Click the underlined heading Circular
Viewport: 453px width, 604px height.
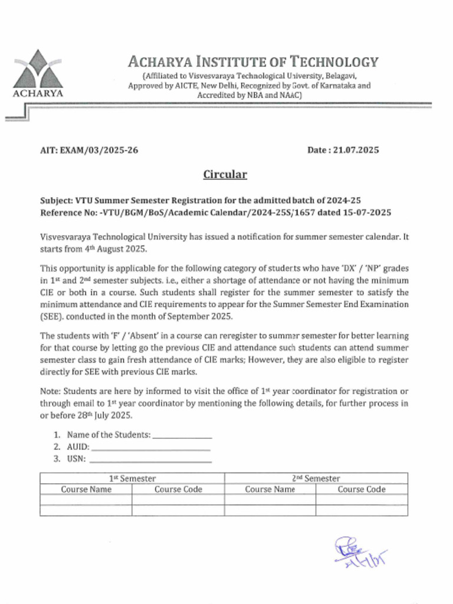pyautogui.click(x=225, y=175)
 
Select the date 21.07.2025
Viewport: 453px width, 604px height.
pyautogui.click(x=356, y=150)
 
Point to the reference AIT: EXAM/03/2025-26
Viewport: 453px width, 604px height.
pyautogui.click(x=89, y=150)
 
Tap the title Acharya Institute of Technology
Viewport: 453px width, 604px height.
pyautogui.click(x=253, y=61)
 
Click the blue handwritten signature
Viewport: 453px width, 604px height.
pyautogui.click(x=360, y=553)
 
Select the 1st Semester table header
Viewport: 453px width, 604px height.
pyautogui.click(x=133, y=478)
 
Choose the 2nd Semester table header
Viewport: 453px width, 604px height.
pyautogui.click(x=316, y=478)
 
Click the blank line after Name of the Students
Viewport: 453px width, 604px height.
pyautogui.click(x=182, y=435)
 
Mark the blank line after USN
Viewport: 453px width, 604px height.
pyautogui.click(x=150, y=459)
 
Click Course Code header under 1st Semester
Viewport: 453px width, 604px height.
pyautogui.click(x=178, y=490)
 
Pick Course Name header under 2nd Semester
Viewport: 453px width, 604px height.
pyautogui.click(x=270, y=490)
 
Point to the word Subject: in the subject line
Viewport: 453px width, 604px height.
pyautogui.click(x=57, y=201)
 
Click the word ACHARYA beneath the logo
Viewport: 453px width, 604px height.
pyautogui.click(x=38, y=93)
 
